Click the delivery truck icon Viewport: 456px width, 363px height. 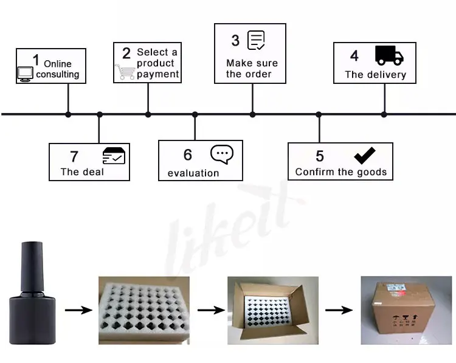[x=389, y=55]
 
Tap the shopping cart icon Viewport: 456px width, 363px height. [x=125, y=72]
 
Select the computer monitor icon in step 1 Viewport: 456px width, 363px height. [x=25, y=74]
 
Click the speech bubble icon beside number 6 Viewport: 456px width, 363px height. [x=222, y=154]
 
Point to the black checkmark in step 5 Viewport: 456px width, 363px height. [x=364, y=155]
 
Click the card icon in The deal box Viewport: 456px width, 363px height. [x=114, y=156]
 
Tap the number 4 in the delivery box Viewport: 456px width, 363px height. [x=354, y=55]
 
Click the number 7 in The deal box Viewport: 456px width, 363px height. [x=74, y=157]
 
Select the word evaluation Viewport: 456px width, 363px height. [x=193, y=173]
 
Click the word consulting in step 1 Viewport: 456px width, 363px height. [x=58, y=74]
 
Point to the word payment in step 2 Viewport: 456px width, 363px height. [x=158, y=74]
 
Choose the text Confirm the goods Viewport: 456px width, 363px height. [x=340, y=172]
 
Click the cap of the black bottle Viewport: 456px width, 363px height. [x=33, y=263]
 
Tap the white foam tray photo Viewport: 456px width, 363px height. [x=144, y=311]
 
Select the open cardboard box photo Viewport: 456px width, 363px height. [x=272, y=311]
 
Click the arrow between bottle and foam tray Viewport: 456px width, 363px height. [x=78, y=311]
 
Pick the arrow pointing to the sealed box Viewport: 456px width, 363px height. [x=339, y=311]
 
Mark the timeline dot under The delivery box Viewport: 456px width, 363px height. [x=384, y=114]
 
